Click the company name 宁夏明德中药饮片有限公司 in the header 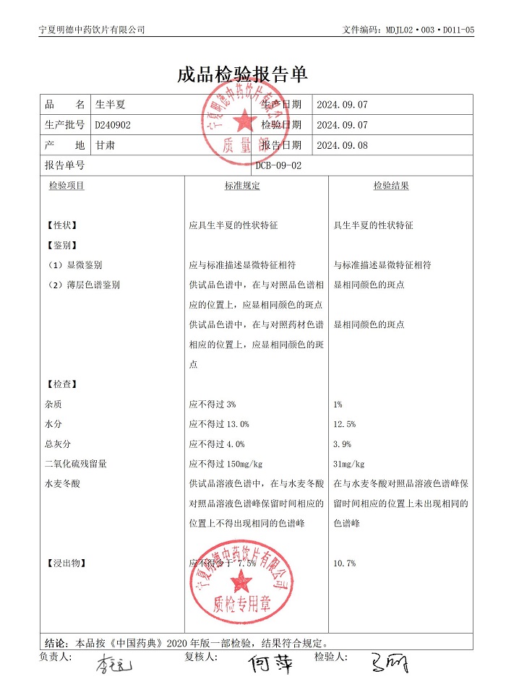pyautogui.click(x=91, y=30)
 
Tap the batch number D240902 pyautogui.click(x=113, y=125)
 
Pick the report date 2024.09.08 pyautogui.click(x=343, y=145)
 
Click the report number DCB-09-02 pyautogui.click(x=279, y=165)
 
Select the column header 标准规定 pyautogui.click(x=242, y=186)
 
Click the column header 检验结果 pyautogui.click(x=391, y=186)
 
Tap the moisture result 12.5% pyautogui.click(x=345, y=424)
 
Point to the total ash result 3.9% pyautogui.click(x=343, y=444)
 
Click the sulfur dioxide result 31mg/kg pyautogui.click(x=349, y=464)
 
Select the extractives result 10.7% pyautogui.click(x=345, y=563)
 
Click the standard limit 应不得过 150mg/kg pyautogui.click(x=226, y=464)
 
